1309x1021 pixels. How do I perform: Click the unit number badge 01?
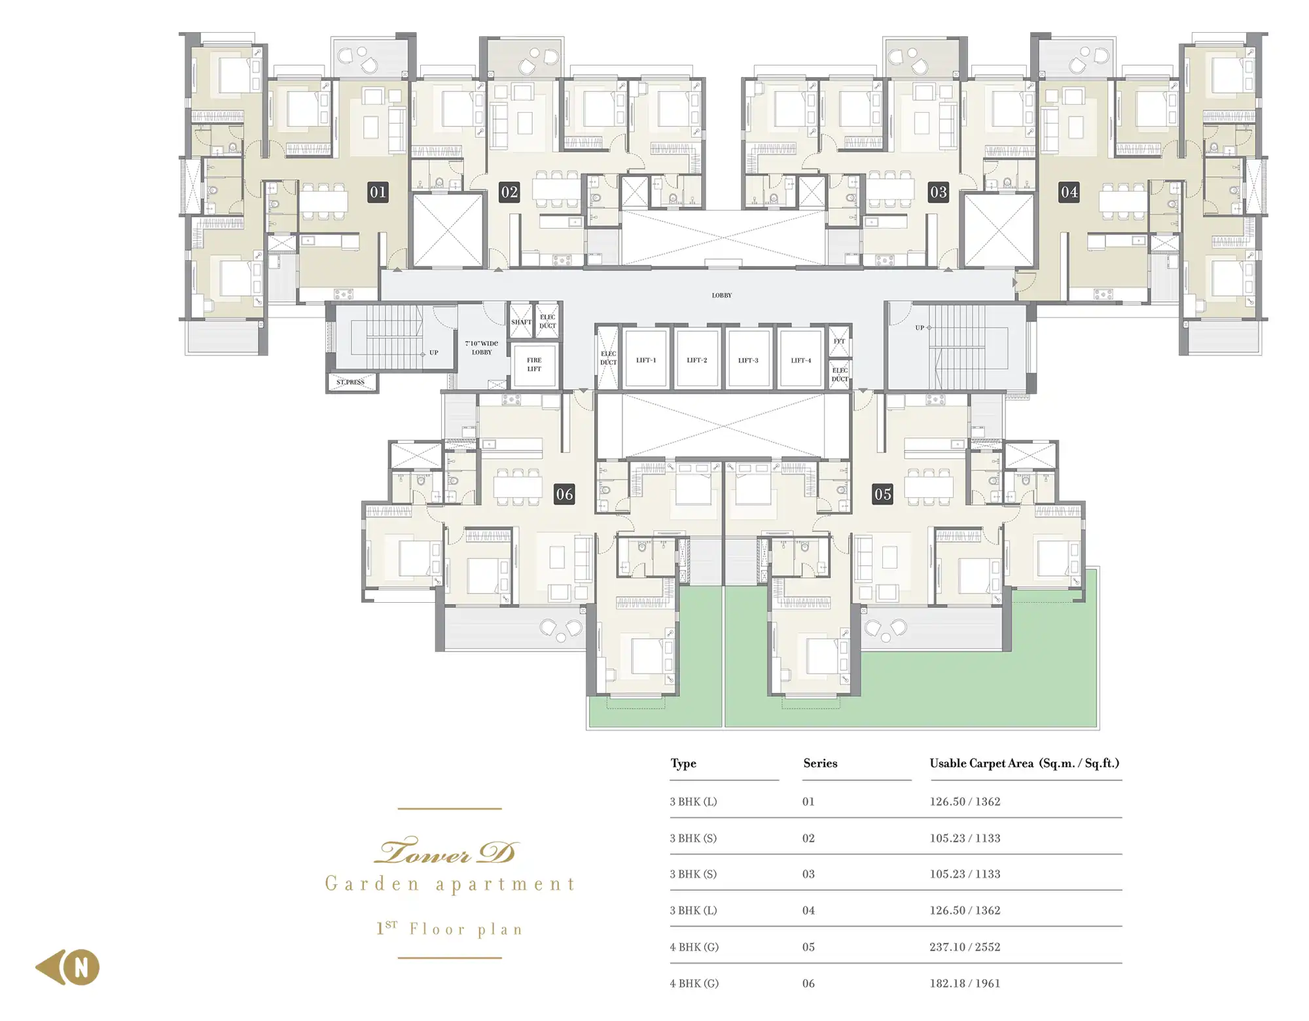click(378, 192)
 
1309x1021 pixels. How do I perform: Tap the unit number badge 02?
click(509, 192)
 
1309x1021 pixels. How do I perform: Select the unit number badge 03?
click(939, 192)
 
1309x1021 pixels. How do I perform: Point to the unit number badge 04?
click(1069, 192)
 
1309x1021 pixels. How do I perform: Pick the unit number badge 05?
click(882, 494)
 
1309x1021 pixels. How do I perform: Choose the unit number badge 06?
click(564, 494)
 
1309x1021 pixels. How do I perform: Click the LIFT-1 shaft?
click(646, 359)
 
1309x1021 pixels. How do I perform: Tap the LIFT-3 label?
click(748, 360)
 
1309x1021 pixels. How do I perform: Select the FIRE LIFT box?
click(534, 365)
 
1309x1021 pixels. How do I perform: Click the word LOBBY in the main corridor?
click(722, 295)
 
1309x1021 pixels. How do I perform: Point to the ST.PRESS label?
click(351, 382)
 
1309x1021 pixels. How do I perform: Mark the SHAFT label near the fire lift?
click(521, 322)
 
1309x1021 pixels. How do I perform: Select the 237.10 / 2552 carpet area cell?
click(965, 947)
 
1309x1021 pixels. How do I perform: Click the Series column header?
click(820, 763)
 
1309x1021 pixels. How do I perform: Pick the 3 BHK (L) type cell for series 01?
click(693, 802)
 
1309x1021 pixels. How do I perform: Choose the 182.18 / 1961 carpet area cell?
click(965, 983)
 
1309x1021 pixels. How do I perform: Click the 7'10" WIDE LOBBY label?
click(482, 348)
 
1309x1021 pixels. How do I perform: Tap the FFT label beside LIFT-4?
click(840, 341)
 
